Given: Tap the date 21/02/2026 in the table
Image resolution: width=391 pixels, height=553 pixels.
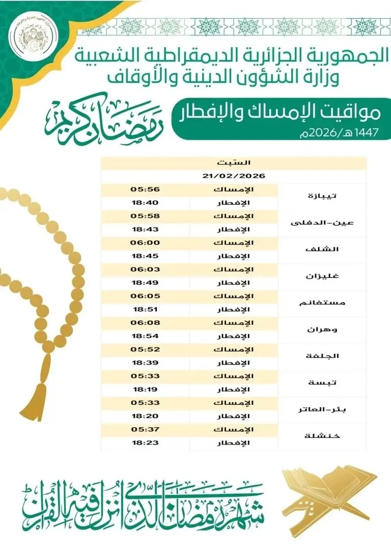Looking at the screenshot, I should point(233,176).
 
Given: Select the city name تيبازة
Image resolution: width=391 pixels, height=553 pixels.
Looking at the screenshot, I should point(323,196).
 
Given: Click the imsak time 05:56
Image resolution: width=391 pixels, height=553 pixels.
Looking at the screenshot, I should point(146,189).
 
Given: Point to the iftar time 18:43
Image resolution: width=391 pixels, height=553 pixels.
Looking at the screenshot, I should point(146,229).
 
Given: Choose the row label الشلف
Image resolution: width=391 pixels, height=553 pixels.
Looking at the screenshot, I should point(323,250).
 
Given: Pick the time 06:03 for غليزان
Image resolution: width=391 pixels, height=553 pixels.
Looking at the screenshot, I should point(146,269).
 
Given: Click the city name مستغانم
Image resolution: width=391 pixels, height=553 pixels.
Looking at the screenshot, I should point(323,302).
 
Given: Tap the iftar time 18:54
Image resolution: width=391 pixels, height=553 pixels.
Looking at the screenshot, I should point(146,336).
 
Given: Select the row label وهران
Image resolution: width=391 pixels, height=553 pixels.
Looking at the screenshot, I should point(323,329).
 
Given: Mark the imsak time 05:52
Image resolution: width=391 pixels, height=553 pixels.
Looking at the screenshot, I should point(146,349).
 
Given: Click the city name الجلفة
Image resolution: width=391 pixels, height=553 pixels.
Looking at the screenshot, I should point(323,356).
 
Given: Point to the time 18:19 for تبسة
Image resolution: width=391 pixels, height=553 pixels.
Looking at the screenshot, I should point(146,390).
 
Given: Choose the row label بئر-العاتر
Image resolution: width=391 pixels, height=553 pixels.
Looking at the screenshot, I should point(323,409).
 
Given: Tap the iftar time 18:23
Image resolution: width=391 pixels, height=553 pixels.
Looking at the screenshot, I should point(146,443).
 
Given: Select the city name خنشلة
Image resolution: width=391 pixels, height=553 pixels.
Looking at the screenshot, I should point(323,436).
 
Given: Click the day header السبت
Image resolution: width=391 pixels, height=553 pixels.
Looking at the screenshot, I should point(233,163).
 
